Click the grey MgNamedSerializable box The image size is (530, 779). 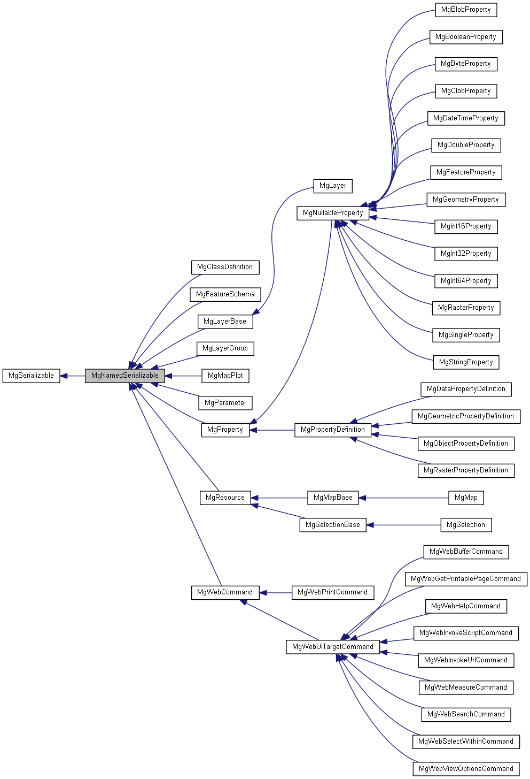point(124,376)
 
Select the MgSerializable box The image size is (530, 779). point(31,376)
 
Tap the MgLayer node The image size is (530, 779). point(332,186)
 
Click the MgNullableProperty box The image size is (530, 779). point(332,213)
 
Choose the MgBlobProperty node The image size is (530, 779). point(465,10)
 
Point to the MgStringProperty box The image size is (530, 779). point(465,362)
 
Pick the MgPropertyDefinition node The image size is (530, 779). point(332,430)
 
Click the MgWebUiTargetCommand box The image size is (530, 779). point(332,647)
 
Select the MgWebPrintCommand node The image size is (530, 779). point(332,592)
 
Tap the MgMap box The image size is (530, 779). point(465,498)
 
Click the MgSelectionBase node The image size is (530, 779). point(332,525)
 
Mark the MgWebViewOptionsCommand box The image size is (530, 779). point(465,769)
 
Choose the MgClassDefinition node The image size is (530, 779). point(224,267)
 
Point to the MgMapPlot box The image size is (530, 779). point(225,376)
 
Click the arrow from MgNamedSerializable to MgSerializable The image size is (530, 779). point(73,376)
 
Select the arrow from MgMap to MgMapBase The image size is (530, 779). point(403,498)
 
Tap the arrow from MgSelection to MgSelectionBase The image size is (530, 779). point(403,525)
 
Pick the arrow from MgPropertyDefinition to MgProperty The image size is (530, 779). point(272,430)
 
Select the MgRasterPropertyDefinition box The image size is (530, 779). point(465,470)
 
